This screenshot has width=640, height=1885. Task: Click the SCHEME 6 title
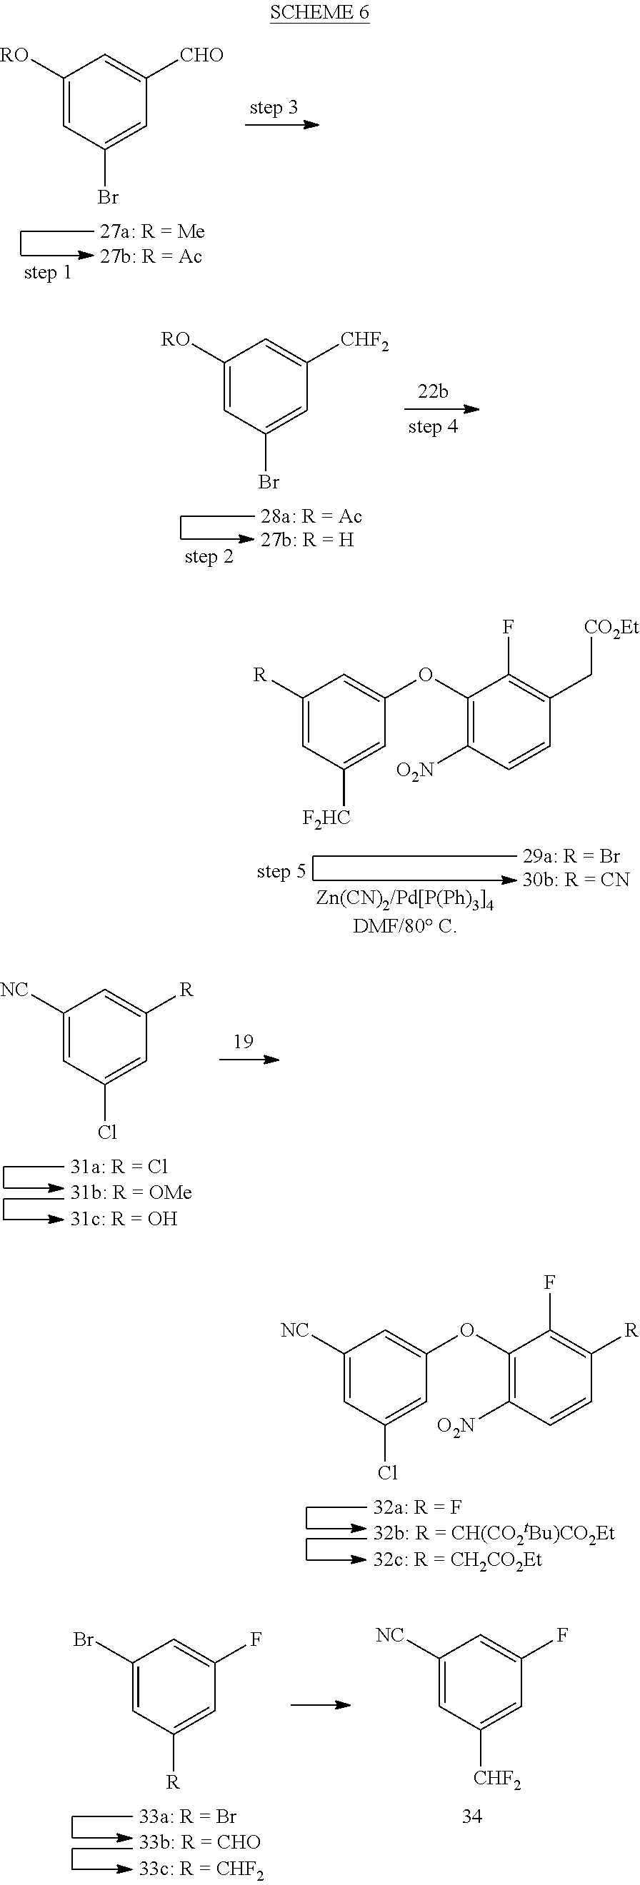coord(319,12)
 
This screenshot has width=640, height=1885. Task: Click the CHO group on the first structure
coord(201,55)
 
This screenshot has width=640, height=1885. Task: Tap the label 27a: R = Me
coord(152,231)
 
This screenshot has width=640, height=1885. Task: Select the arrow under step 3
coord(282,124)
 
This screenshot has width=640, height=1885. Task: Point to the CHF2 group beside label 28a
coord(364,342)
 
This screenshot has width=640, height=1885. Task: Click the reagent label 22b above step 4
coord(433,391)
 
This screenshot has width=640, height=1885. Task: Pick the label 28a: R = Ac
coord(311,517)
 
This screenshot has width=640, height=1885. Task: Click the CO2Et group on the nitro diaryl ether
coord(611,628)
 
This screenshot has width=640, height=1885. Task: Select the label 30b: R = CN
coord(576,880)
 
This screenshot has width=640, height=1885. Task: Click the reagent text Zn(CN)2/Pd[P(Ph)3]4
coord(405,900)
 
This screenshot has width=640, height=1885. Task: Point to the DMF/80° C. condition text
coord(405,926)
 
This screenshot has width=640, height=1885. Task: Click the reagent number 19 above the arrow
coord(243,1041)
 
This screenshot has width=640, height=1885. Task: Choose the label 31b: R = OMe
coord(131,1192)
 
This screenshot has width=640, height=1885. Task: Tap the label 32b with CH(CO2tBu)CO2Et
coord(494,1533)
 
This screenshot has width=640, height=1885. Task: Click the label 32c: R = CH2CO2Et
coord(458,1560)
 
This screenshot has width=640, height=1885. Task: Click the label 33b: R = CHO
coord(200,1842)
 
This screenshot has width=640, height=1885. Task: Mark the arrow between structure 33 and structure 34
coord(321,1705)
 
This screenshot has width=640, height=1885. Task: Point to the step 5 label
coord(281,872)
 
